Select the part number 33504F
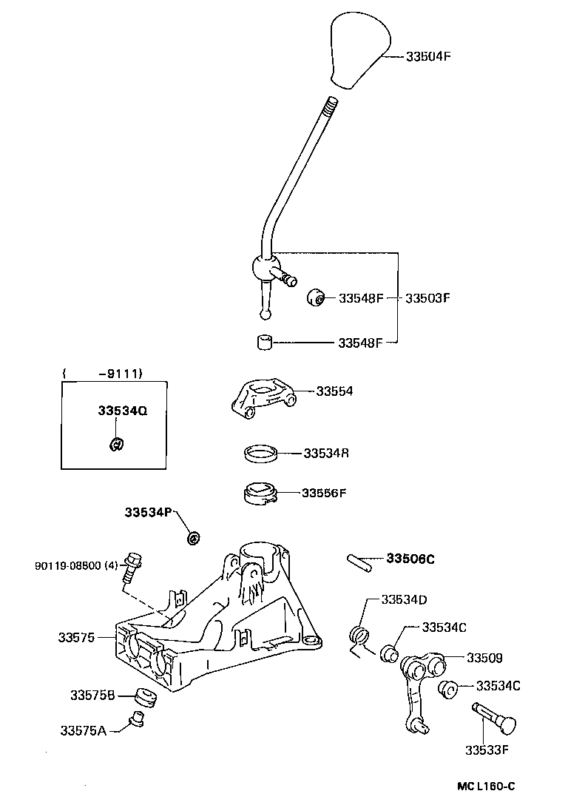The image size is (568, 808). [428, 55]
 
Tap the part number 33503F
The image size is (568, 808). [428, 299]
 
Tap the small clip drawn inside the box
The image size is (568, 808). [115, 444]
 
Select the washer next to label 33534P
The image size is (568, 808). [194, 536]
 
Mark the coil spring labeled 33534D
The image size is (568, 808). [359, 637]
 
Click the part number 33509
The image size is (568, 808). [484, 657]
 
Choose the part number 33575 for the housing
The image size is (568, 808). [77, 636]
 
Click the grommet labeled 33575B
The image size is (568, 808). [146, 697]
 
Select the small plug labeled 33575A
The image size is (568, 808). [135, 718]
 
